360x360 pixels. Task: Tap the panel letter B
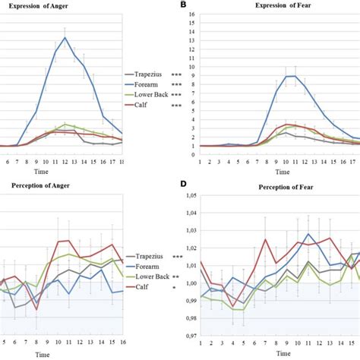pyautogui.click(x=182, y=5)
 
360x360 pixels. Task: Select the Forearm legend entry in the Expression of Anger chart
pyautogui.click(x=150, y=84)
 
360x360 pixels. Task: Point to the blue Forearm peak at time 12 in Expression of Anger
pyautogui.click(x=86, y=37)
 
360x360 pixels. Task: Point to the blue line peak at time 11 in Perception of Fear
pyautogui.click(x=308, y=235)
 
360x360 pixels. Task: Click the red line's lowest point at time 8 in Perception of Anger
pyautogui.click(x=37, y=308)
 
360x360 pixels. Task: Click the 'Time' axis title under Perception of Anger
pyautogui.click(x=61, y=351)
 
